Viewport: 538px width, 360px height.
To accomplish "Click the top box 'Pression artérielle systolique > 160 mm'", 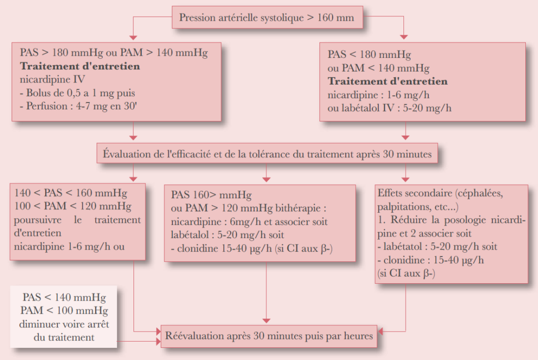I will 267,18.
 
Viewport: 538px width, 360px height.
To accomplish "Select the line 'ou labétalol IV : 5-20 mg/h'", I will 389,108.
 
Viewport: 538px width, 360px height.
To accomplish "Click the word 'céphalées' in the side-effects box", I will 479,192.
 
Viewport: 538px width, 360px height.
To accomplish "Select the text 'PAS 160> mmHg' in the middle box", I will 205,193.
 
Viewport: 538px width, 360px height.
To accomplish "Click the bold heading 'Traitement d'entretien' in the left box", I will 80,67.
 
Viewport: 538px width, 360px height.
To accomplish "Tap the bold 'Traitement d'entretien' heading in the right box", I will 388,81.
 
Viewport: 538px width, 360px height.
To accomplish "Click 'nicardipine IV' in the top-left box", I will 52,80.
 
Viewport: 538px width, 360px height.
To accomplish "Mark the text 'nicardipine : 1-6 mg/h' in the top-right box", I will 378,95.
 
